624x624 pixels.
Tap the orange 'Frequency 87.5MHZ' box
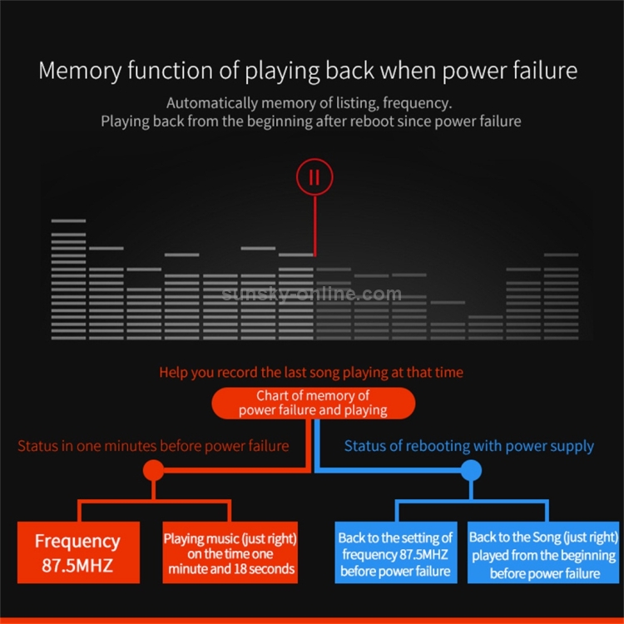point(78,552)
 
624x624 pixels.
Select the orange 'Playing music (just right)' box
point(230,552)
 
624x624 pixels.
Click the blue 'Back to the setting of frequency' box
point(396,552)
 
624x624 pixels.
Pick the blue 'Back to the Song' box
point(543,552)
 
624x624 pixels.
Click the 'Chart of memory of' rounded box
point(313,403)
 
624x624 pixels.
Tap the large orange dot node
point(153,470)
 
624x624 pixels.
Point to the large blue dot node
point(471,470)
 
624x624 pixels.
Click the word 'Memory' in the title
point(80,72)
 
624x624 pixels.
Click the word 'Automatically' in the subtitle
point(212,103)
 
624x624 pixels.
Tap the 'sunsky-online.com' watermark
point(312,294)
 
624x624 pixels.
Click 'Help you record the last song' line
point(311,373)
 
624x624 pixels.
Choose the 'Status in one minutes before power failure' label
point(153,446)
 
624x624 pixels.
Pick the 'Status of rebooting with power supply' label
point(468,447)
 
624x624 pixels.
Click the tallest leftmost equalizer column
point(68,280)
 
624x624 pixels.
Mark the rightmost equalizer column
point(561,296)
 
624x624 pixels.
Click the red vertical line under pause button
point(314,225)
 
